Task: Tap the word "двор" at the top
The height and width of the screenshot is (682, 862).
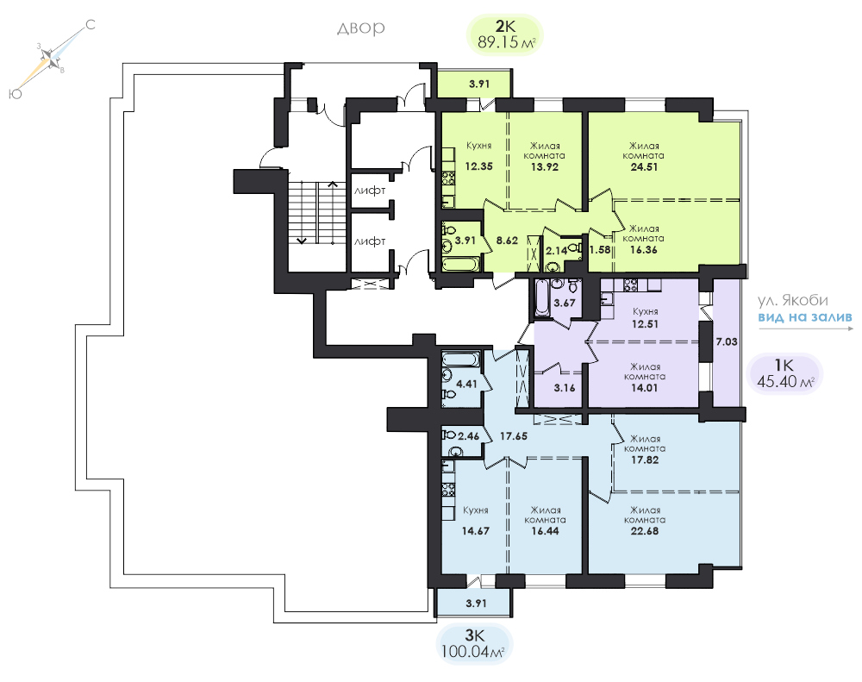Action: (x=360, y=28)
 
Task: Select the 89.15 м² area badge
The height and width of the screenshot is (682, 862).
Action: (x=504, y=34)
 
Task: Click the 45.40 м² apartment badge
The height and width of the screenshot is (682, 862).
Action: (x=785, y=372)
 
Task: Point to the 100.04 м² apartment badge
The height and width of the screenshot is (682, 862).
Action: (x=473, y=644)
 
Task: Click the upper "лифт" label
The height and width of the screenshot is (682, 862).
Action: (x=370, y=191)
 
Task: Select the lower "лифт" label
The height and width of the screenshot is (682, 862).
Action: (x=370, y=241)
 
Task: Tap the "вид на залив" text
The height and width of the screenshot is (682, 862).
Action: (x=805, y=317)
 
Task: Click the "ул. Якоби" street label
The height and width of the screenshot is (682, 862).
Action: (x=793, y=300)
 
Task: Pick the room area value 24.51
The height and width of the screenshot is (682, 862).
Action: (x=644, y=166)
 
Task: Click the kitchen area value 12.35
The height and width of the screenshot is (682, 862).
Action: (x=478, y=166)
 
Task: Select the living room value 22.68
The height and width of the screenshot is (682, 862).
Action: (x=645, y=531)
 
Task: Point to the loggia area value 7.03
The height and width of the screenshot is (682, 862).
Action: (x=726, y=341)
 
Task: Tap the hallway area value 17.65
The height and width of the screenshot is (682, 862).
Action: (x=514, y=436)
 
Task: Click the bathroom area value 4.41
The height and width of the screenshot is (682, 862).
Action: (x=466, y=384)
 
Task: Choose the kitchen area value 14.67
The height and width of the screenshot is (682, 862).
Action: (x=476, y=531)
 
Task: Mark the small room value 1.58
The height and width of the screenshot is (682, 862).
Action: (x=600, y=250)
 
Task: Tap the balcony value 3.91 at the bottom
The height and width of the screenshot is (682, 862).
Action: (x=476, y=603)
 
